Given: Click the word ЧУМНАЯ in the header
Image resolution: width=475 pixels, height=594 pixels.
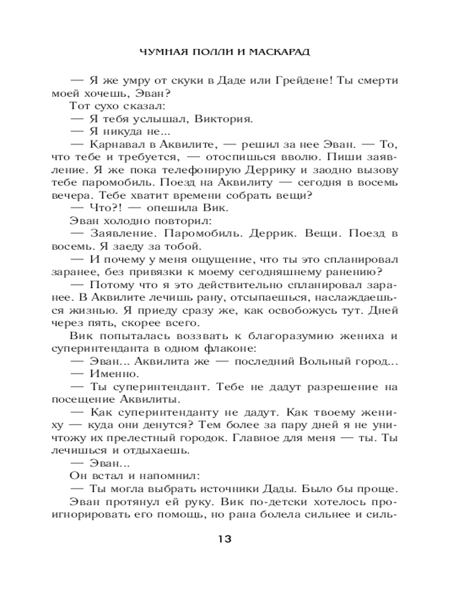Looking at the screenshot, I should point(159,52).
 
